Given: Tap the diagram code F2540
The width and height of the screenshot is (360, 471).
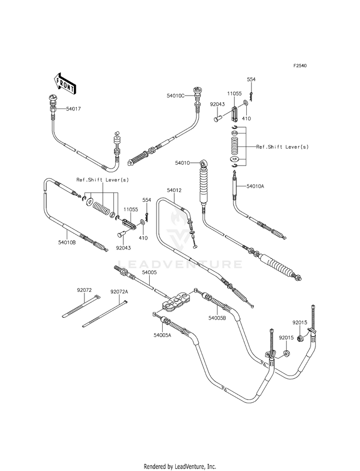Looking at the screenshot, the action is coord(300,65).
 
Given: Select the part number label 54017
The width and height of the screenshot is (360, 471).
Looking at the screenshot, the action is coord(73,109).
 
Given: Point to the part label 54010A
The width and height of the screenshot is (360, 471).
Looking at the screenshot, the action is coord(255,186).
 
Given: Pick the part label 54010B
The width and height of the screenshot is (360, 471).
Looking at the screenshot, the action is coord(67,242).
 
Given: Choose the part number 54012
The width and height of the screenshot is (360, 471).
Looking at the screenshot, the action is coord(174,191).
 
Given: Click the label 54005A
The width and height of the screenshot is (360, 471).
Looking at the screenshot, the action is coord(162,335).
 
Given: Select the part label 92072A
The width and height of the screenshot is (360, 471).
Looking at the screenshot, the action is coord(119,291).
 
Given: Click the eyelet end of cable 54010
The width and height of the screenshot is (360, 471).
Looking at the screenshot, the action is coord(204,164).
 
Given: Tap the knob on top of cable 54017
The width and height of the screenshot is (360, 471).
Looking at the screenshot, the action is coord(52,97).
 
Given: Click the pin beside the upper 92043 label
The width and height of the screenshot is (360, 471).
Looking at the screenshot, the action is coord(218,117).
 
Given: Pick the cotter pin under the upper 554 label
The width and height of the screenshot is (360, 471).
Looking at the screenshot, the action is coord(251,97).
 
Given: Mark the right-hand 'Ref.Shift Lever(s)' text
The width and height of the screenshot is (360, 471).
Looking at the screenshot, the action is coord(282,147).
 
